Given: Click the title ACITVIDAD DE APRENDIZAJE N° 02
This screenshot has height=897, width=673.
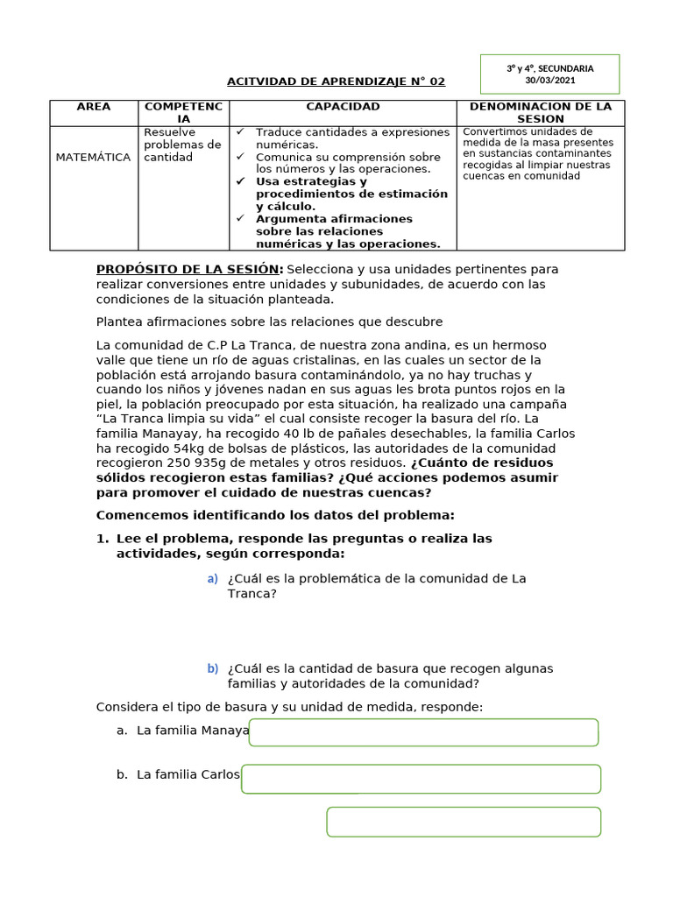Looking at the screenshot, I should (x=336, y=81).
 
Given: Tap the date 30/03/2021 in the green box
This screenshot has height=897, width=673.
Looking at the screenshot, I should (x=549, y=81).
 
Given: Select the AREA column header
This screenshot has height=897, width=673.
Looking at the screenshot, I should (x=94, y=107).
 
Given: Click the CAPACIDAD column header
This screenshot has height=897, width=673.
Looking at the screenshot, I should (x=343, y=107).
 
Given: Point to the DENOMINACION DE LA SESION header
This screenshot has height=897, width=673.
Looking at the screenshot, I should (x=540, y=112).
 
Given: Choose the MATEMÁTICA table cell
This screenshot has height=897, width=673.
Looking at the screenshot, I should (x=93, y=158).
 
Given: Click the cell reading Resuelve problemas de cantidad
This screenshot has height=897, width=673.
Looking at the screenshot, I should (x=182, y=145).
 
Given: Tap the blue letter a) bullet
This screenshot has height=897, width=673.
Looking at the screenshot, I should (x=212, y=579).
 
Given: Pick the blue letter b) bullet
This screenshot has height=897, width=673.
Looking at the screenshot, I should (x=212, y=669).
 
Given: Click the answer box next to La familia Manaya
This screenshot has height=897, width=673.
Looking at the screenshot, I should (x=423, y=732).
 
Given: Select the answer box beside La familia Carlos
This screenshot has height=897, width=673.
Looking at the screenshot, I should (x=421, y=779).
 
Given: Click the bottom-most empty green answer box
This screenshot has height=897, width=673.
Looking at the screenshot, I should (x=464, y=822).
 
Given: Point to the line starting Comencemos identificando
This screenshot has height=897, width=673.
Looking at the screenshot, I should (x=275, y=515).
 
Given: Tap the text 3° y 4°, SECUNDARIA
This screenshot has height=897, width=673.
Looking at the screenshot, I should (x=549, y=68).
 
